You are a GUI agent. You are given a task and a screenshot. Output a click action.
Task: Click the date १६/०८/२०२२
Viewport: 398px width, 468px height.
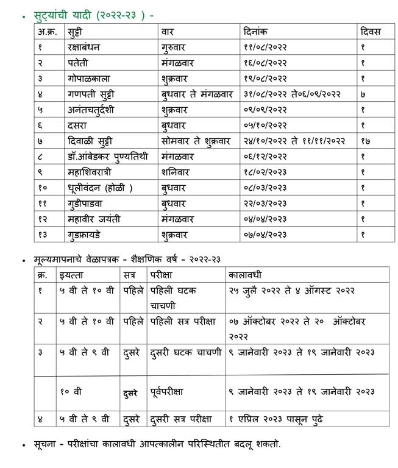coord(265,62)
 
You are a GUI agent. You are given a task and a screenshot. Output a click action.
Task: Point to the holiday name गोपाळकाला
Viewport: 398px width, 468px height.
coord(89,78)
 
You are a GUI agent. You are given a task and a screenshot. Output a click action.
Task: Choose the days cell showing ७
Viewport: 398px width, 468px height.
coord(363,94)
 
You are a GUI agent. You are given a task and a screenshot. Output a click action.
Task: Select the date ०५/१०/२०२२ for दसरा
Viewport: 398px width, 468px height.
coord(265,126)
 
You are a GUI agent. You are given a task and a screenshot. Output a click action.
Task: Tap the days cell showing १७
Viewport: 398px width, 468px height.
coord(365,141)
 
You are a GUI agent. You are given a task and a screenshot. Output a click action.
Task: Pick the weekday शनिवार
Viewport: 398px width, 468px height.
coord(176,172)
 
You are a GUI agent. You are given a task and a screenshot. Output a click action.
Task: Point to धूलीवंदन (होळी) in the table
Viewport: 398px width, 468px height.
coord(101,188)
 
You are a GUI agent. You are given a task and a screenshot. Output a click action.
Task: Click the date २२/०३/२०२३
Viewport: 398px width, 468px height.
coord(265,203)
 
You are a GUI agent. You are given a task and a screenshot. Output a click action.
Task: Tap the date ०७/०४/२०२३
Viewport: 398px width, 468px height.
coord(265,235)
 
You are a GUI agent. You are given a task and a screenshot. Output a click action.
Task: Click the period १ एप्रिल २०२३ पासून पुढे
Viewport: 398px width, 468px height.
coord(276,419)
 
